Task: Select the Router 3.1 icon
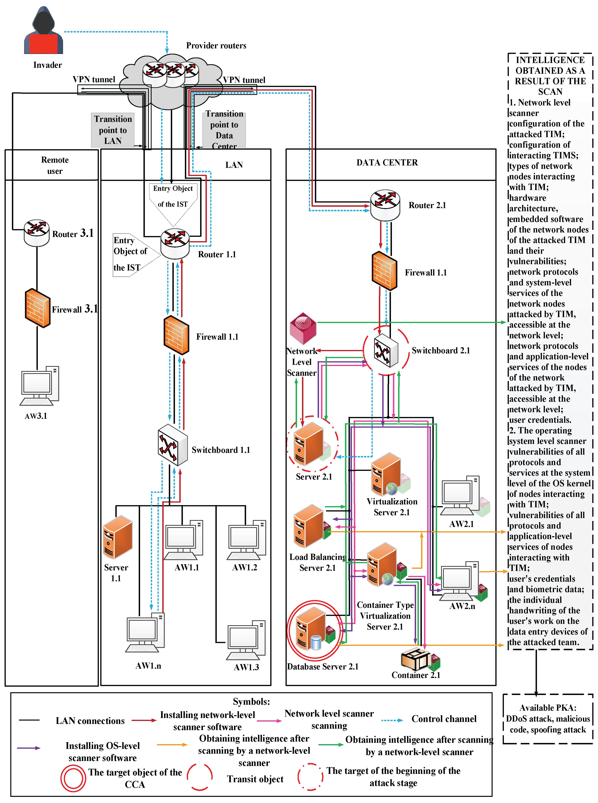[x=37, y=232]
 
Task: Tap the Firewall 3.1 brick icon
[x=37, y=308]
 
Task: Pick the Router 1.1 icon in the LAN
[x=175, y=243]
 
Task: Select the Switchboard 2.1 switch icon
[x=386, y=350]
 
